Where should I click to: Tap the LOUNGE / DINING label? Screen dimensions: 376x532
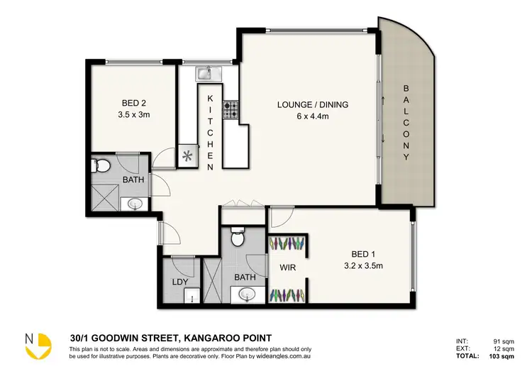click(x=312, y=105)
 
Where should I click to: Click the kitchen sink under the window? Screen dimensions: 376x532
click(x=206, y=72)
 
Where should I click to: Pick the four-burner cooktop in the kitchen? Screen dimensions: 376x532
click(x=231, y=110)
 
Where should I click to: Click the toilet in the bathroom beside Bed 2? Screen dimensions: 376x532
click(x=102, y=167)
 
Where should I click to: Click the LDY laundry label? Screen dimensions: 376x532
click(x=180, y=282)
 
